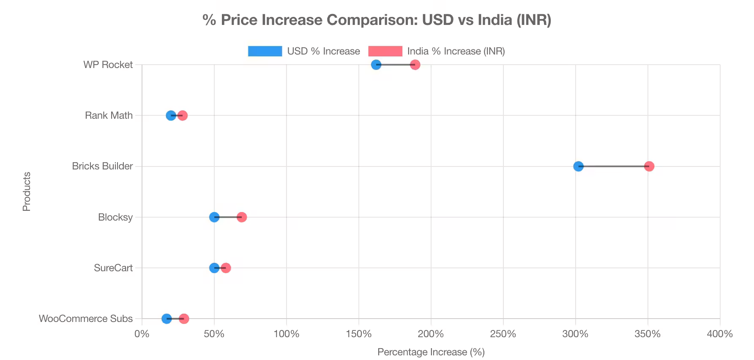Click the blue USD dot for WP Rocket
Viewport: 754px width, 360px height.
(376, 65)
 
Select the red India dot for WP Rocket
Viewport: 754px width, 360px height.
(415, 65)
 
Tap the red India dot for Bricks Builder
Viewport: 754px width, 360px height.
(649, 166)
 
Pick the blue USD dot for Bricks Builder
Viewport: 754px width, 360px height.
(578, 166)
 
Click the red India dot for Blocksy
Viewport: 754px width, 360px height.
(242, 217)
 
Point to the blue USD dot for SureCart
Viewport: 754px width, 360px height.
(214, 268)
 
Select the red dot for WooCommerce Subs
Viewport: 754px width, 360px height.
(184, 319)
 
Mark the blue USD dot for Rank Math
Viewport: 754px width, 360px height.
(171, 115)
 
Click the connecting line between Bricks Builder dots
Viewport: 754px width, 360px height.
(614, 166)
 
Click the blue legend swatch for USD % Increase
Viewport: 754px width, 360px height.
(265, 51)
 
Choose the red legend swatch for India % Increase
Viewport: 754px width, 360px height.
(385, 51)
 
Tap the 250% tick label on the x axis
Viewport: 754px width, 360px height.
(503, 334)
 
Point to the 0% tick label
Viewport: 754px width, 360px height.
(142, 334)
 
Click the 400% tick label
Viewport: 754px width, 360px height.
(719, 334)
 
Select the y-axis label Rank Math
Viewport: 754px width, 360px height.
(109, 115)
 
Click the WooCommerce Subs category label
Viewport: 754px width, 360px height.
(86, 319)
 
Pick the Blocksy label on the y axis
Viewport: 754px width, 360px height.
(115, 217)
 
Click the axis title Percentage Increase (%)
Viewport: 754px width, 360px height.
(431, 352)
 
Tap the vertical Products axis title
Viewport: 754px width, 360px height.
(27, 191)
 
